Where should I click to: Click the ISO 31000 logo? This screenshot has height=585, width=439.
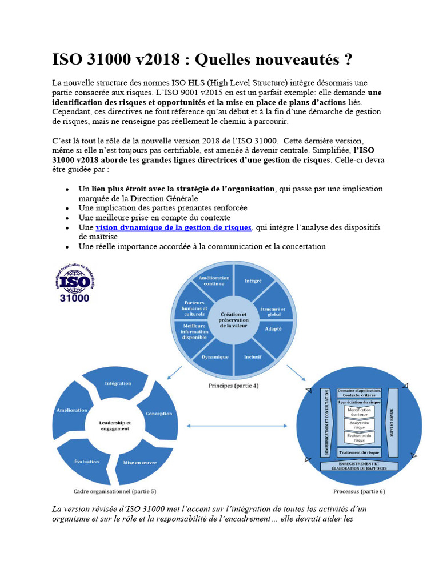pyautogui.click(x=75, y=282)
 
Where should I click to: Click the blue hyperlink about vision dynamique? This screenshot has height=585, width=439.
pyautogui.click(x=173, y=227)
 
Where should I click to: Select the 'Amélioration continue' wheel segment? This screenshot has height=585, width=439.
pyautogui.click(x=214, y=281)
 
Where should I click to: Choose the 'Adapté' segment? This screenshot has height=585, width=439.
pyautogui.click(x=273, y=330)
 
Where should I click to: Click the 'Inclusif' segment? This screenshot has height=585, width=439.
pyautogui.click(x=253, y=358)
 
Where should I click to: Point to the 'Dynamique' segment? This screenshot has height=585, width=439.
pyautogui.click(x=214, y=357)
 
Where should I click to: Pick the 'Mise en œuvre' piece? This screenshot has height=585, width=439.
pyautogui.click(x=140, y=462)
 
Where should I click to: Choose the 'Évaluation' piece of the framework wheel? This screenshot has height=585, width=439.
pyautogui.click(x=87, y=462)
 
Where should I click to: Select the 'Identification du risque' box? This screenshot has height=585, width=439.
pyautogui.click(x=360, y=412)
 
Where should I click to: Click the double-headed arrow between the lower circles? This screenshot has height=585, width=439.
pyautogui.click(x=237, y=426)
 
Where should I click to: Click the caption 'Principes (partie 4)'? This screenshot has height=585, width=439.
pyautogui.click(x=233, y=386)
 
